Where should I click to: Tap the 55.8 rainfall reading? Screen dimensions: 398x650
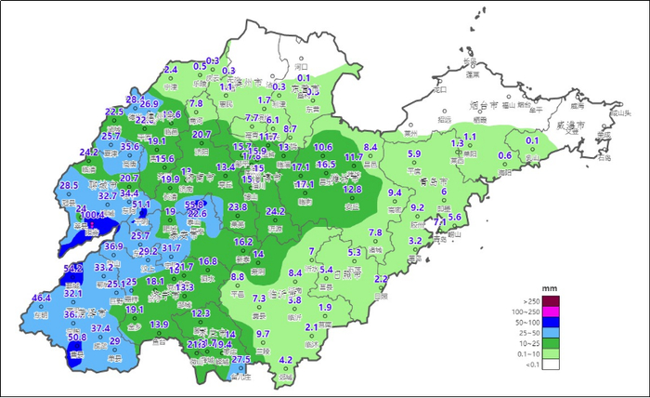(194, 204)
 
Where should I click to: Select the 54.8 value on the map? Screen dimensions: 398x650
(73, 268)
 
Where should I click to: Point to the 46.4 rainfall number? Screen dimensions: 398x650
(42, 298)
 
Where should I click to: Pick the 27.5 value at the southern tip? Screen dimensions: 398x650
(241, 359)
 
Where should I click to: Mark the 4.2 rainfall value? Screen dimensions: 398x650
(286, 359)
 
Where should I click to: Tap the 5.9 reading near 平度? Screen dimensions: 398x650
(414, 153)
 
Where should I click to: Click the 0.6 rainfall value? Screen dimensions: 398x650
(505, 155)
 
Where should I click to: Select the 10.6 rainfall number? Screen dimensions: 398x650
(323, 147)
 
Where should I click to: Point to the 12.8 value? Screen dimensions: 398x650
(352, 189)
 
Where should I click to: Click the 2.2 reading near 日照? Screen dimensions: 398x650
(380, 279)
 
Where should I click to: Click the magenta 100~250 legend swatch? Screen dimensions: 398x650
(551, 312)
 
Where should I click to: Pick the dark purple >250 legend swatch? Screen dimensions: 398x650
(551, 300)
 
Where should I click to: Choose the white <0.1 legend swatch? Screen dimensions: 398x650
(551, 365)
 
